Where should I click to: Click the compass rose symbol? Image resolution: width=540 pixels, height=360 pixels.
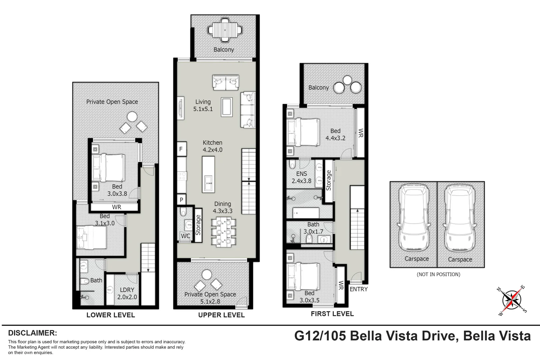pos(512,300)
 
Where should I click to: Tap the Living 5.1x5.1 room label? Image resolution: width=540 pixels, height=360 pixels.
pos(203,105)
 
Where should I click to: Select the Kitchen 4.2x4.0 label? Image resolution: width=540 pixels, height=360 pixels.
pos(212,146)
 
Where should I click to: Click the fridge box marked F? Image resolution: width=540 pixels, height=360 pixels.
pos(181,149)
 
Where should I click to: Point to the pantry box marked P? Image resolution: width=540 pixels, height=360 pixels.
pos(181,200)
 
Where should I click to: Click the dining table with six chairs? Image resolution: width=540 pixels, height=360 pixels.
pos(223,232)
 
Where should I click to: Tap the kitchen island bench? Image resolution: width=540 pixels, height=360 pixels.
pos(208,174)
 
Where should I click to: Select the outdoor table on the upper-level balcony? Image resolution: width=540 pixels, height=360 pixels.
pos(225,30)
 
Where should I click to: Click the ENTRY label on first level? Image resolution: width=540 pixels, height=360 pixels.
pos(358,289)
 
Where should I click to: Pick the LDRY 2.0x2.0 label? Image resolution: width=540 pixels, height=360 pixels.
pos(127,293)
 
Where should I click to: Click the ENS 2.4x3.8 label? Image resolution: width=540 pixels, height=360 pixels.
pos(302,177)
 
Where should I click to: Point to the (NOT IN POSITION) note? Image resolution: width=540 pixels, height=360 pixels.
pos(438,274)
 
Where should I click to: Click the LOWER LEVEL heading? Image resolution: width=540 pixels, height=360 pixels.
pos(111,315)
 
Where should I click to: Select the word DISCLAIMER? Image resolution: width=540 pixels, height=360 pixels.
pos(33,333)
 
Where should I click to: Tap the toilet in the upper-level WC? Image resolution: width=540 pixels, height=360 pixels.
pos(183,211)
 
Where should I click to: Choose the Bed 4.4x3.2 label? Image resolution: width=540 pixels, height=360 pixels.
pos(335,135)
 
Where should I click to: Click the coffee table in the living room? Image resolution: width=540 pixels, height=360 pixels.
pos(227,107)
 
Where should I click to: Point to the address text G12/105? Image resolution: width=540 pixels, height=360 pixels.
pos(320,336)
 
